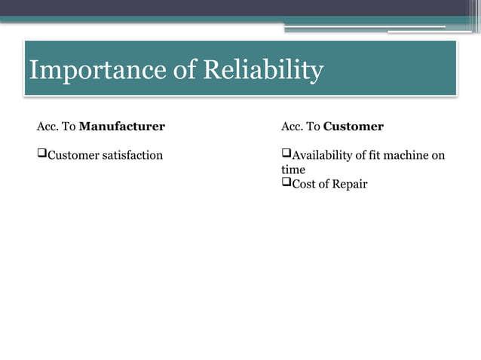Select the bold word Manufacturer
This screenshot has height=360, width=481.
click(121, 126)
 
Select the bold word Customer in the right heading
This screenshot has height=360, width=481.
click(353, 126)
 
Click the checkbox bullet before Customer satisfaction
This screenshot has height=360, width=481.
click(41, 154)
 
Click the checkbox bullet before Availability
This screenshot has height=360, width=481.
click(286, 154)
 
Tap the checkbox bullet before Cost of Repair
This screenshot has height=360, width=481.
click(286, 183)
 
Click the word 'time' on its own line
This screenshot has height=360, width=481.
click(293, 169)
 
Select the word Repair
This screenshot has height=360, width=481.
click(349, 184)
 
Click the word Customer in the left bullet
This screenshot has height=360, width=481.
click(71, 155)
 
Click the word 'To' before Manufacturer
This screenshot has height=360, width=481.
click(68, 126)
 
